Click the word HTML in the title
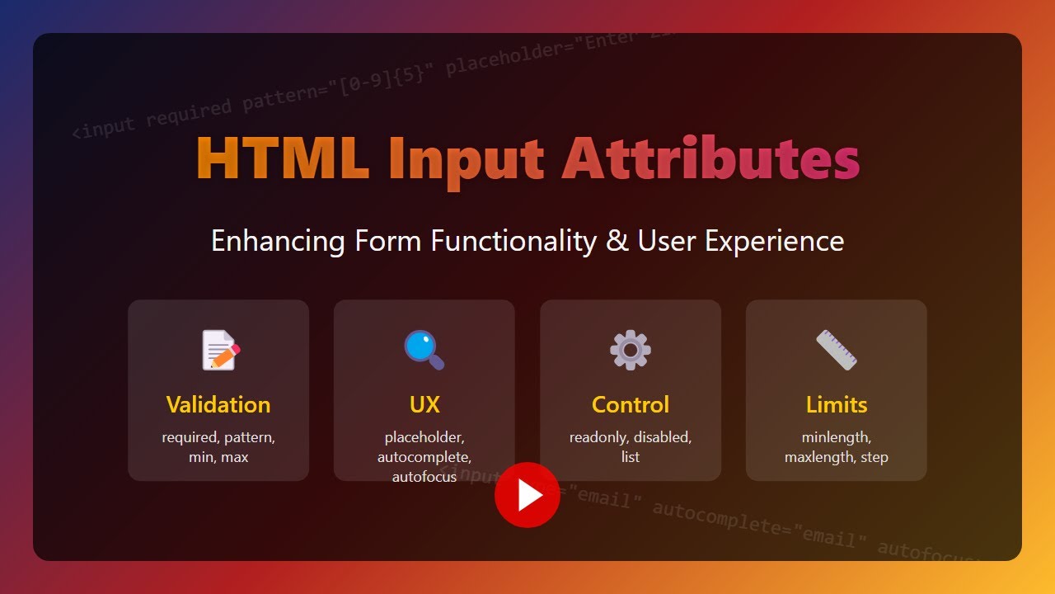tap(282, 158)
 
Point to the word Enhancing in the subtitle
tap(278, 242)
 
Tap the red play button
tap(527, 495)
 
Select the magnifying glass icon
tap(424, 350)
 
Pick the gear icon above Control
tap(631, 350)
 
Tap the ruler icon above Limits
tap(837, 350)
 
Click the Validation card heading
tap(218, 404)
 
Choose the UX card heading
tap(424, 404)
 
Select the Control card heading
tap(631, 404)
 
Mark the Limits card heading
tap(837, 404)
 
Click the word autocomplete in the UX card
tap(424, 457)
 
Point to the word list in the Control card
tap(631, 457)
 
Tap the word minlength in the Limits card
tap(836, 437)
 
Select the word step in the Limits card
tap(874, 457)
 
